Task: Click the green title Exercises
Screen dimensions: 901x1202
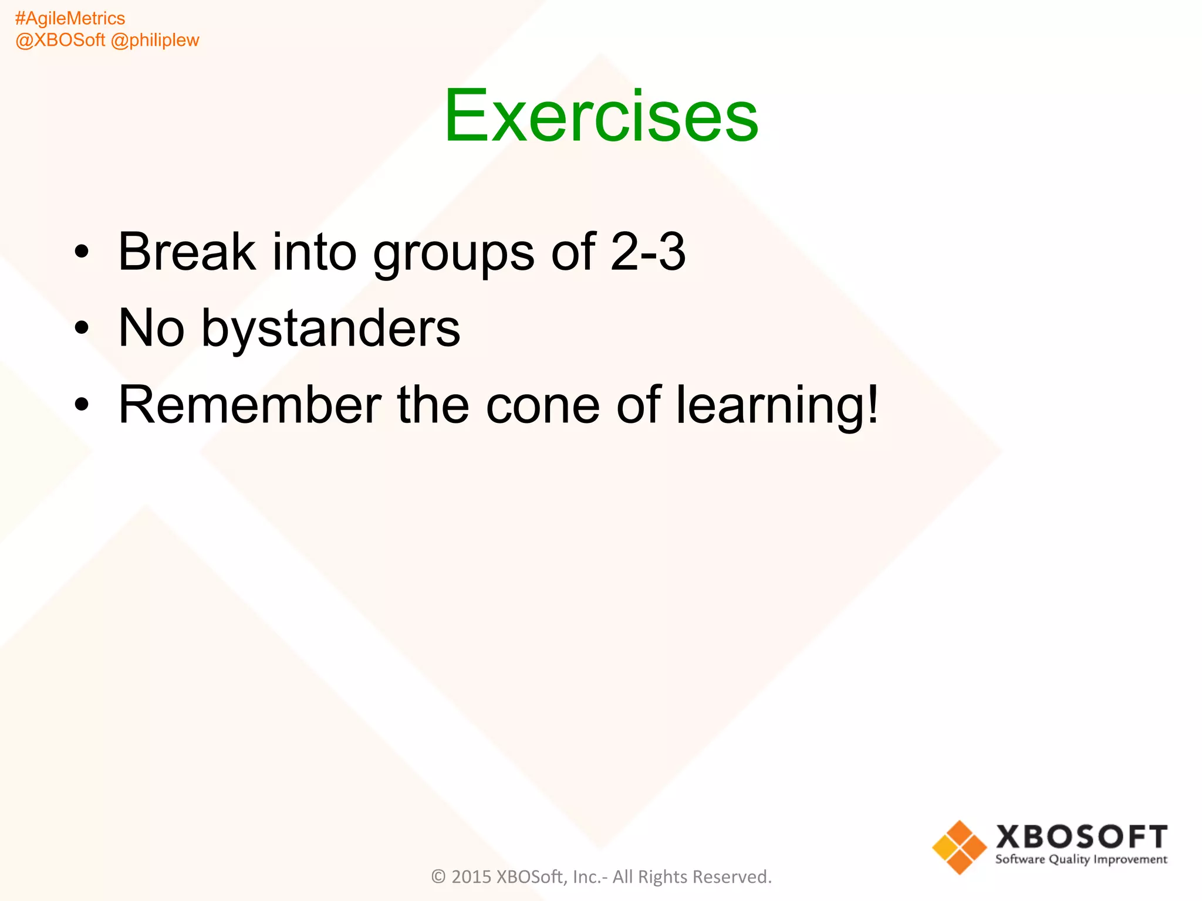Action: (601, 116)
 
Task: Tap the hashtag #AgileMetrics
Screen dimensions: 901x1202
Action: (70, 19)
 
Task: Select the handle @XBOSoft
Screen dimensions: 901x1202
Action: (60, 40)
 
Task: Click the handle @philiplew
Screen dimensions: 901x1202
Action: (155, 40)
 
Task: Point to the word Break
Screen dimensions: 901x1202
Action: (187, 252)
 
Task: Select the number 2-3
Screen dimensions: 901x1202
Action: (647, 252)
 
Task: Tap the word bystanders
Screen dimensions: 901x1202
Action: (330, 329)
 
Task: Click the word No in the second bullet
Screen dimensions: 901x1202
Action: (151, 328)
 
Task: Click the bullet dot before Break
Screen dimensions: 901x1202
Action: (82, 253)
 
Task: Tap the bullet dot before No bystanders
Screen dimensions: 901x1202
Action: (82, 329)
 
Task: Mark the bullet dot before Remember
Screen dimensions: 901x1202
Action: (82, 405)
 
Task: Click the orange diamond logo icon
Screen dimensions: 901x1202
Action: (959, 847)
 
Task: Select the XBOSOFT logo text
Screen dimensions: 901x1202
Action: (1081, 837)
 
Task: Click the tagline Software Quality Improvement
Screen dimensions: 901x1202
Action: (1081, 860)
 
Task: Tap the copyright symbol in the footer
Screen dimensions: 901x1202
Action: (438, 877)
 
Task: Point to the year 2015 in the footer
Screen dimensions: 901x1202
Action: (471, 877)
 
